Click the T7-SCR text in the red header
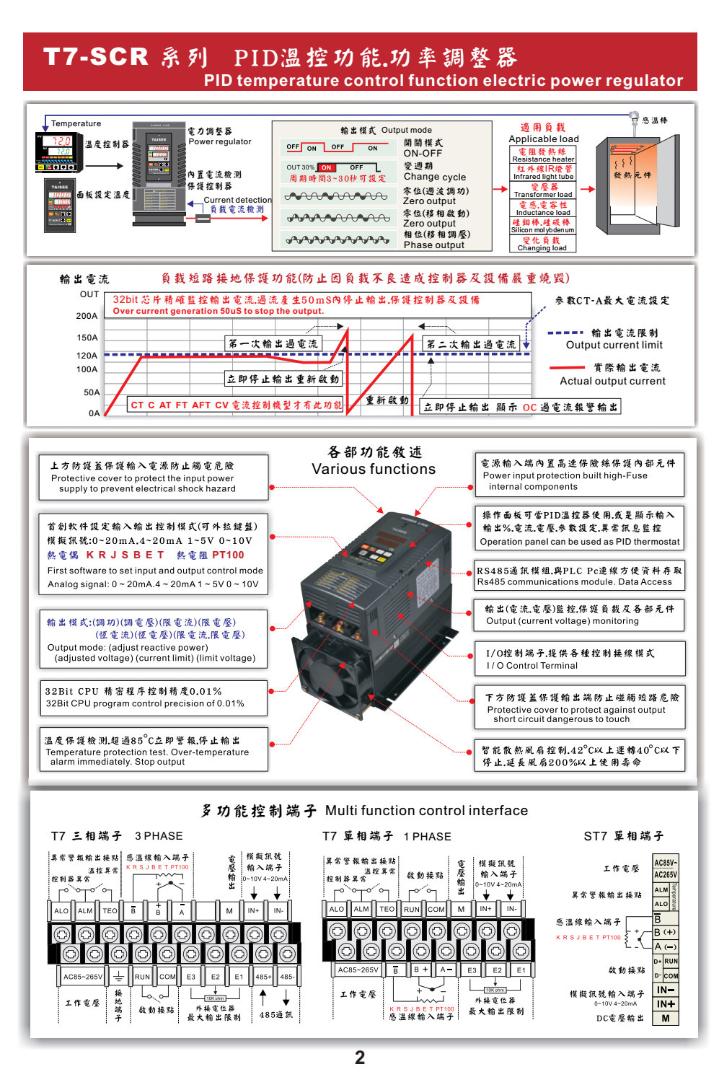tap(96, 56)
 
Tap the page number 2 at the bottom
tap(360, 1058)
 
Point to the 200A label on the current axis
tap(87, 316)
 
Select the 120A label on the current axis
tap(87, 356)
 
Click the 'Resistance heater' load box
tap(543, 155)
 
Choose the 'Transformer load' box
tap(543, 190)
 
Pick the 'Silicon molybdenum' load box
tap(543, 226)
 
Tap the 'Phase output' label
tap(434, 245)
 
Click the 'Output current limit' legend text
tap(614, 345)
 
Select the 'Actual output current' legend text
tap(613, 381)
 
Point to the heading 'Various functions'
tap(374, 469)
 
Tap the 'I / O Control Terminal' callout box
tap(579, 659)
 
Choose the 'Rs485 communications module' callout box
tap(579, 576)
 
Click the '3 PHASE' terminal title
tap(159, 835)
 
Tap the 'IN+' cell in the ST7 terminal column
tap(666, 1003)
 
